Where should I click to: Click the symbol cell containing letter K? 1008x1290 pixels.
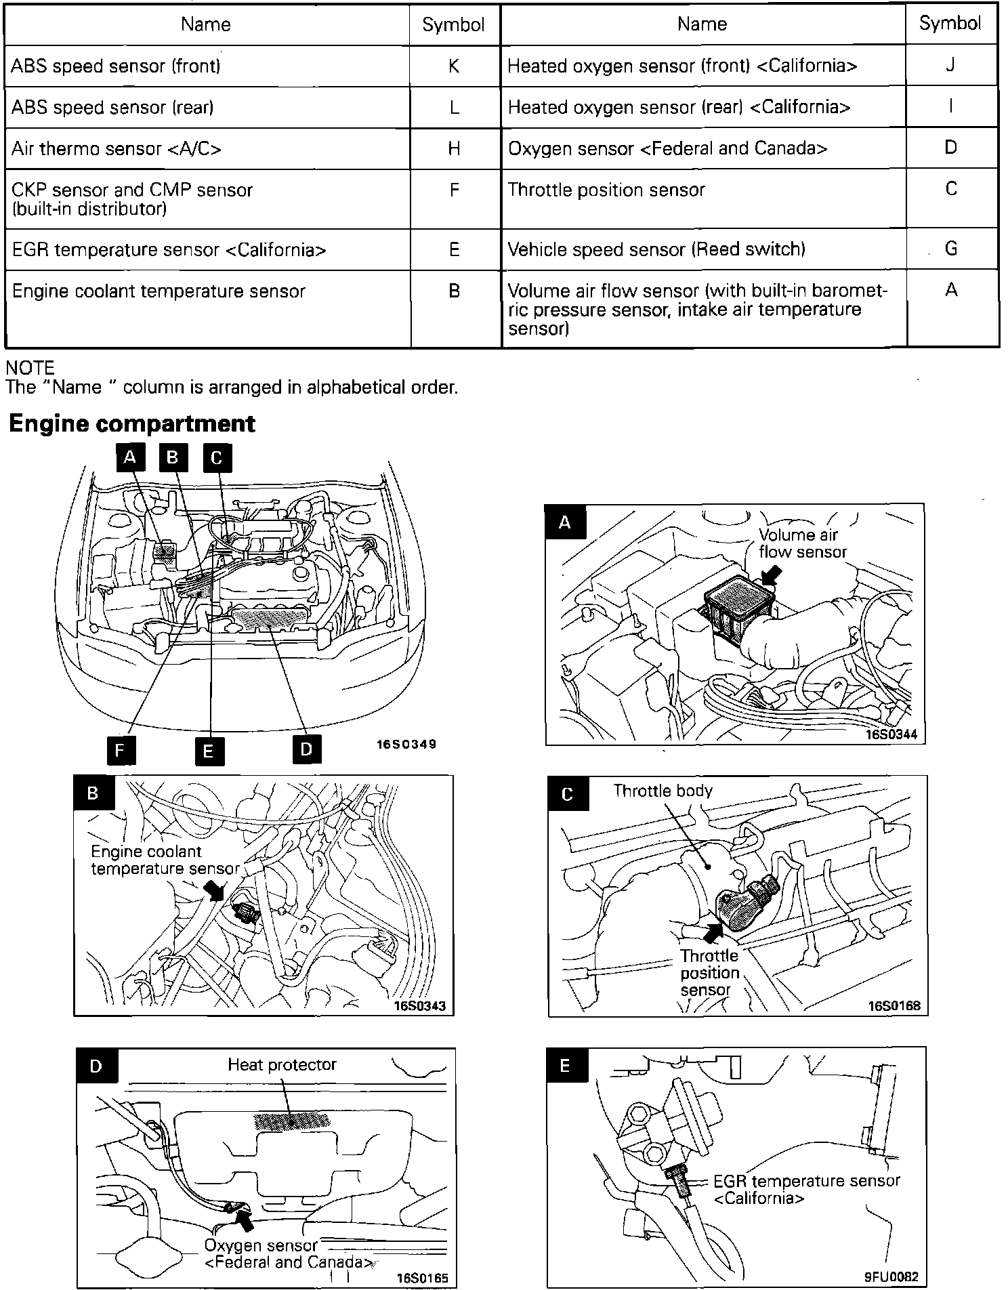pos(454,66)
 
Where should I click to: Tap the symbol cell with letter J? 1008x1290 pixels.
pos(950,65)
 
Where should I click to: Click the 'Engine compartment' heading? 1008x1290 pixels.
pos(132,423)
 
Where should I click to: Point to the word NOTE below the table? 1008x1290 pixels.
pos(30,368)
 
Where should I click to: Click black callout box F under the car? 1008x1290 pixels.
pos(121,750)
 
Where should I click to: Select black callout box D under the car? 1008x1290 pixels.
pos(306,749)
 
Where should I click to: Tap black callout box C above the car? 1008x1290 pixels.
pos(217,458)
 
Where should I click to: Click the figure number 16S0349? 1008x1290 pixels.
pos(406,744)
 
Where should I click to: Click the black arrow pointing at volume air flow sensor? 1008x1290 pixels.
pos(771,575)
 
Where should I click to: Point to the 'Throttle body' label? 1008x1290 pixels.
pos(663,791)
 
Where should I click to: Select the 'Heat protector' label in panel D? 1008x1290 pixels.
pos(282,1064)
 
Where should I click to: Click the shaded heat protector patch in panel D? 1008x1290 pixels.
pos(291,1121)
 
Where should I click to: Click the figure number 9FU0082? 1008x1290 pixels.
pos(891,1276)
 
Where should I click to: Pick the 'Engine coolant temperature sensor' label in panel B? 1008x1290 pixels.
pos(165,860)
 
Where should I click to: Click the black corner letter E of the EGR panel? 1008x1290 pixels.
pos(565,1066)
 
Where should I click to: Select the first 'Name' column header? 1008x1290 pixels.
pos(206,24)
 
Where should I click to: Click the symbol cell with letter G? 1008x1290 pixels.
pos(950,249)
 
